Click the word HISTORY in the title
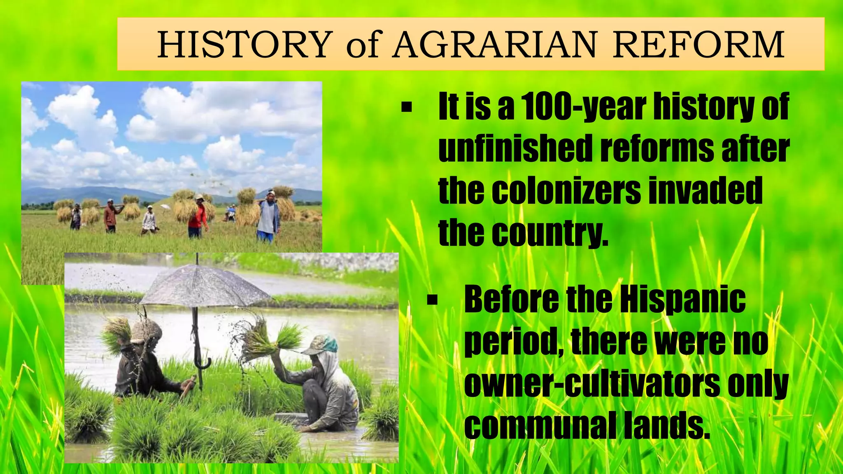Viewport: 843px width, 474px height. tap(245, 44)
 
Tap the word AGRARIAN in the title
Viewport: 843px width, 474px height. tap(494, 44)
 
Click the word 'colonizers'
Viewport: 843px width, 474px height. tap(566, 191)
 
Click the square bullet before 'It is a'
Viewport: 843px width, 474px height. tap(406, 108)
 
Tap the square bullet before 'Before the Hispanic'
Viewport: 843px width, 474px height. tap(432, 300)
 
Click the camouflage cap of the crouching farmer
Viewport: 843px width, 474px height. tap(321, 344)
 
